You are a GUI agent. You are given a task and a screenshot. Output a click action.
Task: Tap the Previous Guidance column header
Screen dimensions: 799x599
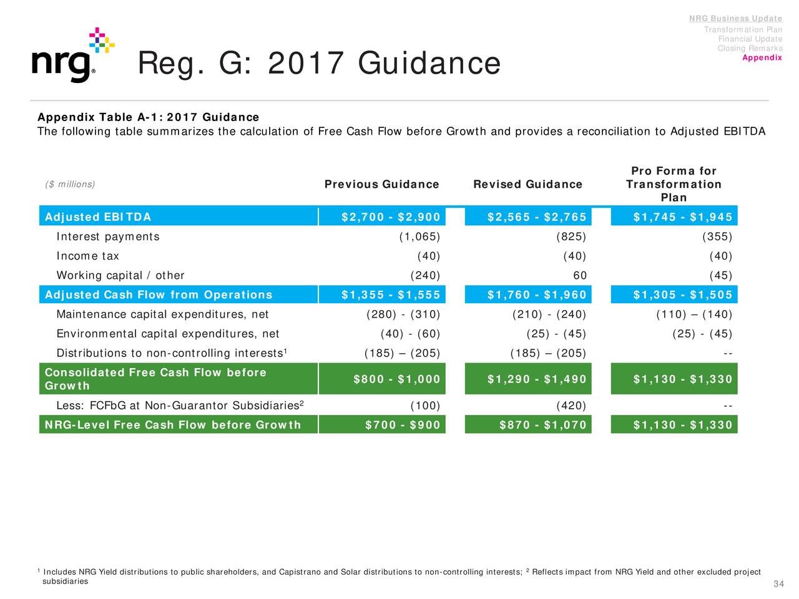pos(381,184)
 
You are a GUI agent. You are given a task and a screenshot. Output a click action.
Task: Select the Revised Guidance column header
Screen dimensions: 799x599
pos(527,184)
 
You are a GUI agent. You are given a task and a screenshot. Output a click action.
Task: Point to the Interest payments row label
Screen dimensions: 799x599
pos(108,236)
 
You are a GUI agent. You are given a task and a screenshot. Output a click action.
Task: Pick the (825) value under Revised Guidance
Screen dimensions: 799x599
pos(571,236)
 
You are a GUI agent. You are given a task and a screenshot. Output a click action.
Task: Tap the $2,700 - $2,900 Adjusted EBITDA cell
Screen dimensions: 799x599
pos(391,217)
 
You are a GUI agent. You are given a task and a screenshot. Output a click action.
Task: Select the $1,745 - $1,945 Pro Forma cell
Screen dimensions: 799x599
pos(682,217)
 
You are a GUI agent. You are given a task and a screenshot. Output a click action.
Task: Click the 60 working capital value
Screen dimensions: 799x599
pos(579,276)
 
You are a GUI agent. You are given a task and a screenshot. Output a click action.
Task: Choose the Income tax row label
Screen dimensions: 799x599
pos(87,256)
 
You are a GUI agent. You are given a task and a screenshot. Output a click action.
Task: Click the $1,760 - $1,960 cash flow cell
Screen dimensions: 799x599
pos(537,295)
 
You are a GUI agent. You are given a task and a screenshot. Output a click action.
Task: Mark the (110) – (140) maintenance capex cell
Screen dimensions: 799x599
pos(694,314)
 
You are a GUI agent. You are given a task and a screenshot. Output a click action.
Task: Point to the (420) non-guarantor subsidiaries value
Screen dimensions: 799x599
pos(571,406)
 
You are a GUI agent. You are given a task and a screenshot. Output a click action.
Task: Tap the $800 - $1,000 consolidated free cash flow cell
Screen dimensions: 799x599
pos(396,379)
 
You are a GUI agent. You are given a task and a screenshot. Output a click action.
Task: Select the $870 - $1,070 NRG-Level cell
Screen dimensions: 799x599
pos(543,426)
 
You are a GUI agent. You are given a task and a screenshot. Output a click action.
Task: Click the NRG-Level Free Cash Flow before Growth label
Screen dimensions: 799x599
pos(173,426)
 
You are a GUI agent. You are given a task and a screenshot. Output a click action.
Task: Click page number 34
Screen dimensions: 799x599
pos(778,584)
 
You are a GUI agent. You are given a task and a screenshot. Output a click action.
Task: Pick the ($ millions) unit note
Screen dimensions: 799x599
pos(70,184)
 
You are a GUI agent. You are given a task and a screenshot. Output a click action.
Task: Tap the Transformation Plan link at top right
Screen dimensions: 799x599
pos(743,30)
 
